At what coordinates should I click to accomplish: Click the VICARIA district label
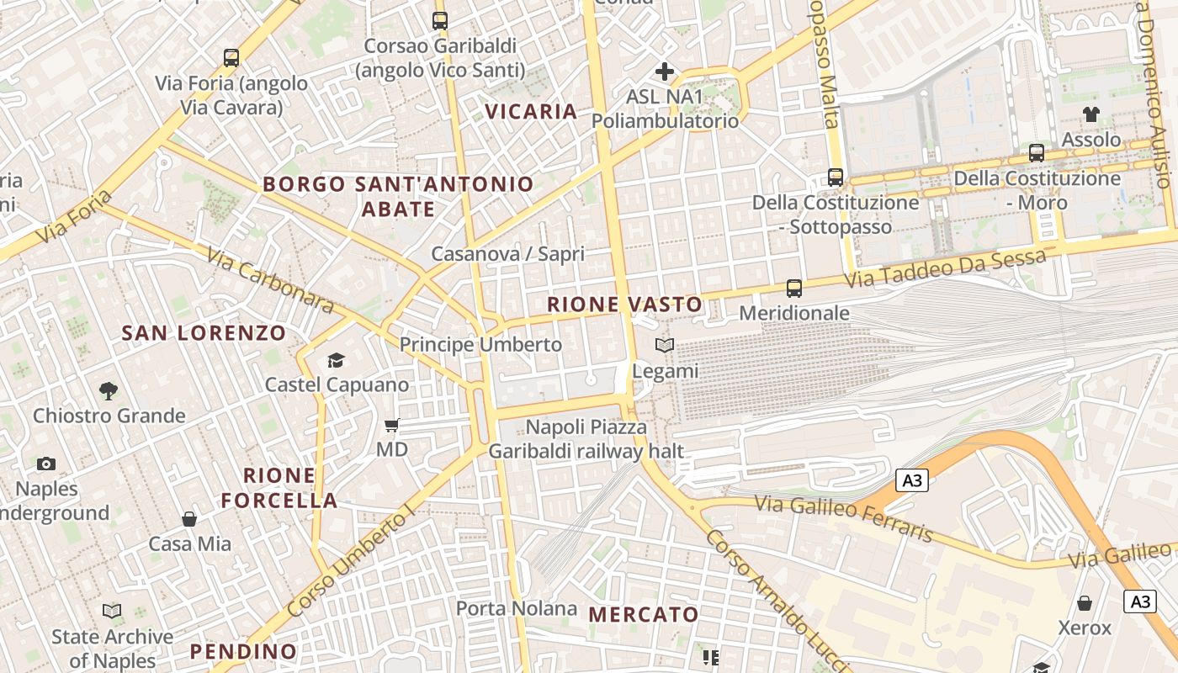pos(531,111)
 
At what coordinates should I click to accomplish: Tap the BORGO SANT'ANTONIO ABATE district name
pos(398,196)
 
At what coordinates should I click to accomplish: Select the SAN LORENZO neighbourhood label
pos(204,333)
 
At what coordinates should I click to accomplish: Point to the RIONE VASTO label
pos(624,305)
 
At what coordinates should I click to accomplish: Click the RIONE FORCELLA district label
pos(279,488)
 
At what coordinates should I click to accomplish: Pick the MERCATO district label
pos(644,615)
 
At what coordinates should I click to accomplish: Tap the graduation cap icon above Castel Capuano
pos(336,361)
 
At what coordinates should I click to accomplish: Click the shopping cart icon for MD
pos(391,426)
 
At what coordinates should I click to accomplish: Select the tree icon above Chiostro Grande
pos(108,390)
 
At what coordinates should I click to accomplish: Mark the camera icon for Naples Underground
pos(46,464)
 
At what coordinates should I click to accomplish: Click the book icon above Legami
pos(665,346)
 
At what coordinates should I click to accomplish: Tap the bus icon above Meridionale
pos(793,289)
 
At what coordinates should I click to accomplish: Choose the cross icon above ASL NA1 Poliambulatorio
pos(665,72)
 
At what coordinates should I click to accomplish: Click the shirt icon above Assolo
pos(1091,114)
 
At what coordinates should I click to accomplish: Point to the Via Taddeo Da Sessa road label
pos(946,268)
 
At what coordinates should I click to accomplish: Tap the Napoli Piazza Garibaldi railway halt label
pos(586,439)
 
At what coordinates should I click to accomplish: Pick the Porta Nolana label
pos(517,608)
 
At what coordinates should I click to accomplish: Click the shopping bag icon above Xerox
pos(1085,603)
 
